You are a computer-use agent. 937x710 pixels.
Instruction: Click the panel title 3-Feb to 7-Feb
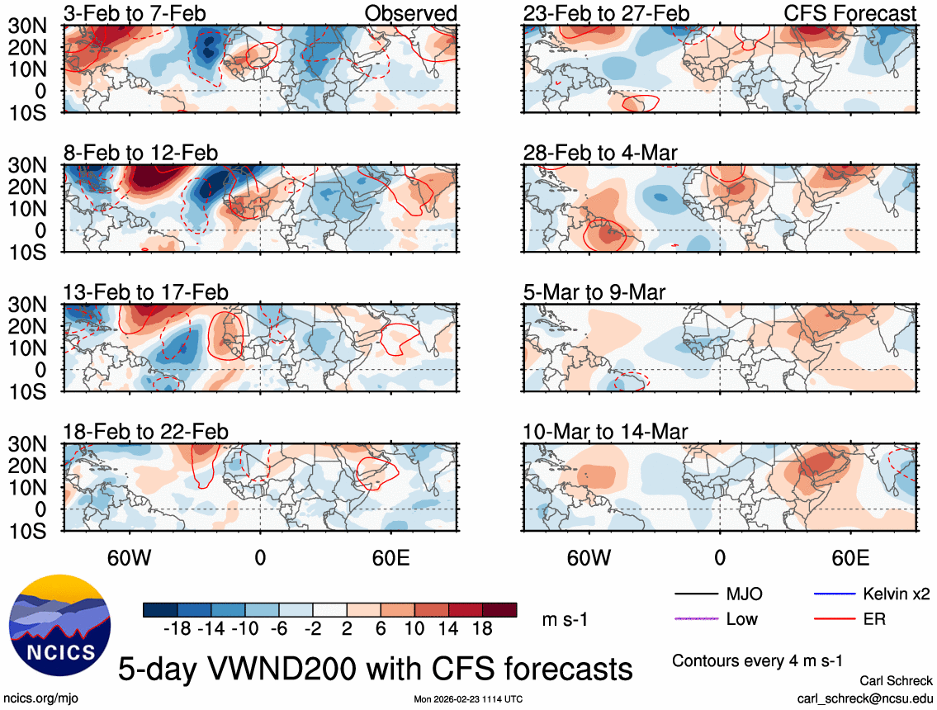[x=135, y=13]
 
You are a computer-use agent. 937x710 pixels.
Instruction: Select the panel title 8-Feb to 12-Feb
[x=141, y=153]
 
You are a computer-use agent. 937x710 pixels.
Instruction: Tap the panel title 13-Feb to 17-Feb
[x=146, y=292]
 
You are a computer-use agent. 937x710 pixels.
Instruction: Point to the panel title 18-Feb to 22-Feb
[x=146, y=432]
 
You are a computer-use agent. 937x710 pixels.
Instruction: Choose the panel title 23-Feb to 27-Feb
[x=606, y=13]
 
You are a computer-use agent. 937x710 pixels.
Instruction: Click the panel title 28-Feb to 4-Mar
[x=606, y=153]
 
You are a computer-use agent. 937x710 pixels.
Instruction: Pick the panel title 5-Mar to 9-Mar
[x=594, y=292]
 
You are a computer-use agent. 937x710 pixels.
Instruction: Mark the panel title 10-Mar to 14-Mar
[x=606, y=432]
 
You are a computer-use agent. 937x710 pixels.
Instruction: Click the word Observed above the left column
[x=410, y=13]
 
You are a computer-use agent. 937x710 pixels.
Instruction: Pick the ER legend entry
[x=873, y=618]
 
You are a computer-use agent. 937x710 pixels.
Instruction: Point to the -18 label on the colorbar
[x=177, y=629]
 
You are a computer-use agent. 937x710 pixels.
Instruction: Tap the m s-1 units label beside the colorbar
[x=566, y=619]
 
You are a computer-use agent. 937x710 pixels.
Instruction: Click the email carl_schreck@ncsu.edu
[x=865, y=698]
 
